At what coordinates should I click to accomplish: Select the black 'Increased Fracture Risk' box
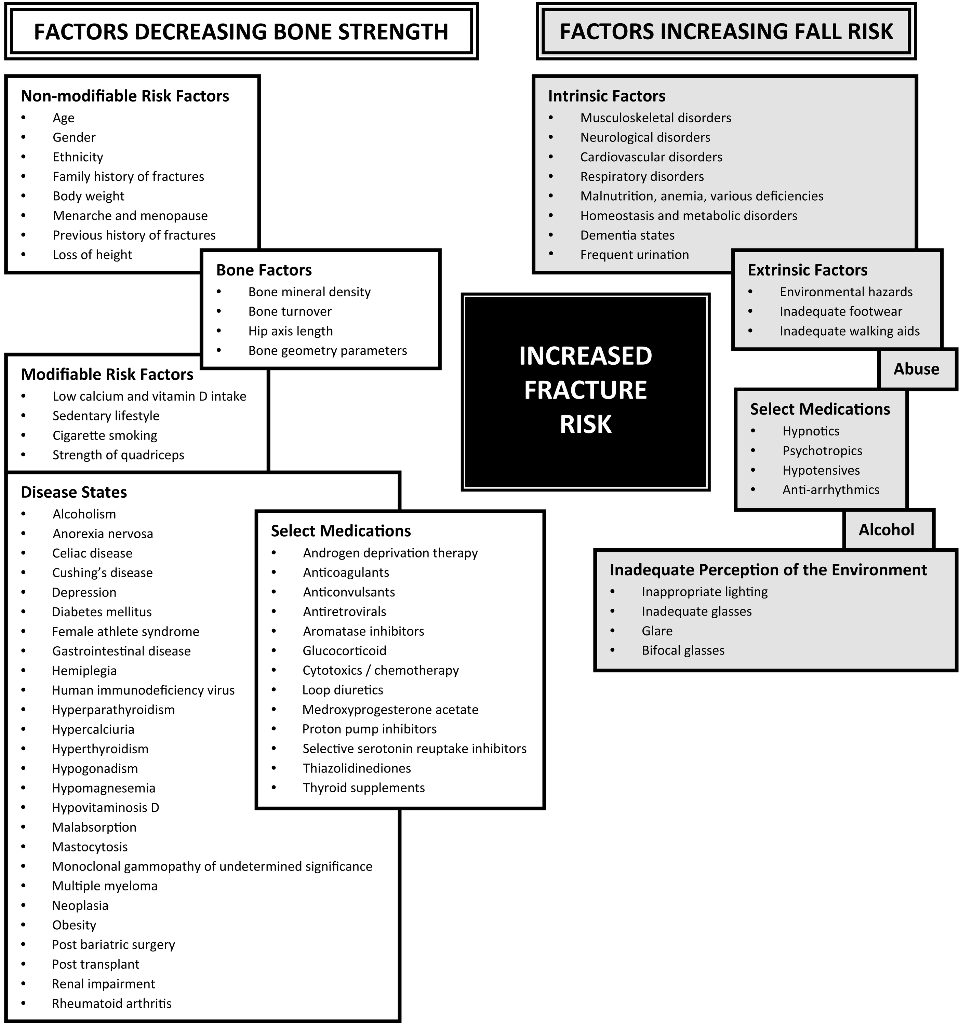tap(585, 391)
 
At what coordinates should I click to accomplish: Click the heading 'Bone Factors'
tap(264, 270)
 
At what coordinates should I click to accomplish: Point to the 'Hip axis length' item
tap(290, 331)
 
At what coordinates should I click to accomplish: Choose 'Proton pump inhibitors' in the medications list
tap(369, 729)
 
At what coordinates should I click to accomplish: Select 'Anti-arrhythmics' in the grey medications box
tap(830, 489)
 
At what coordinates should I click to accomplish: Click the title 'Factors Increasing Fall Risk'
tap(726, 31)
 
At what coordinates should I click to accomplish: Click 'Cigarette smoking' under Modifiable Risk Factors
tap(105, 435)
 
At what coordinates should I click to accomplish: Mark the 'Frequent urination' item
tap(634, 255)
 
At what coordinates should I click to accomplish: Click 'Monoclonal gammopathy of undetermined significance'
tap(212, 866)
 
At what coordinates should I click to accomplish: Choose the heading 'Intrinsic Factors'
tap(607, 96)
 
